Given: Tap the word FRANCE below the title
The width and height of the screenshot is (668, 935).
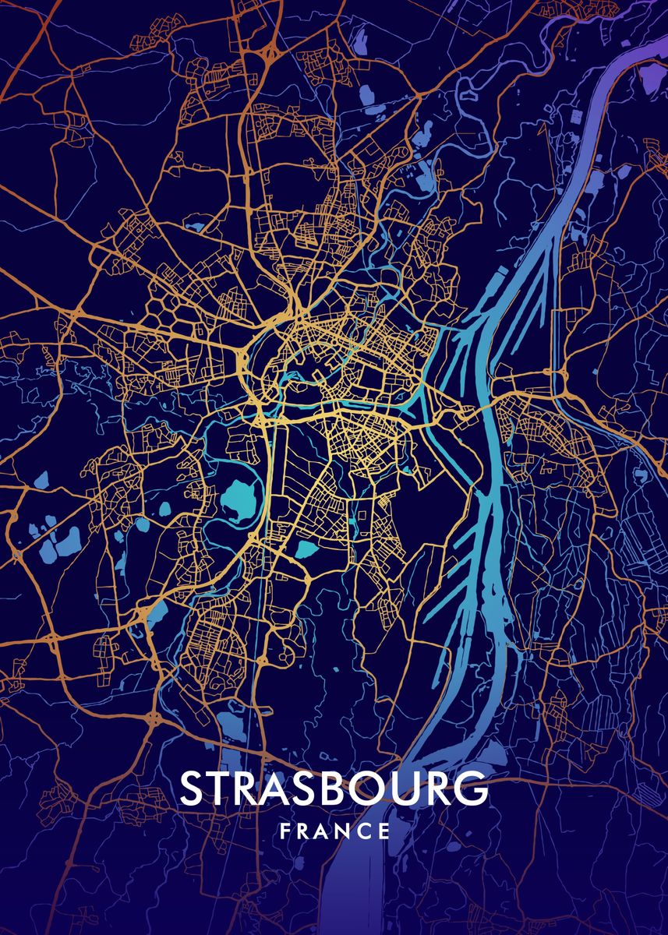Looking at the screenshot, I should point(334,831).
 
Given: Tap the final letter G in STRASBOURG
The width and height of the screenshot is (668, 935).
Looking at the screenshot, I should point(471,789).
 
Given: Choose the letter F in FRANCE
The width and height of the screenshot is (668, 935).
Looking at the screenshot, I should point(285,831).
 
